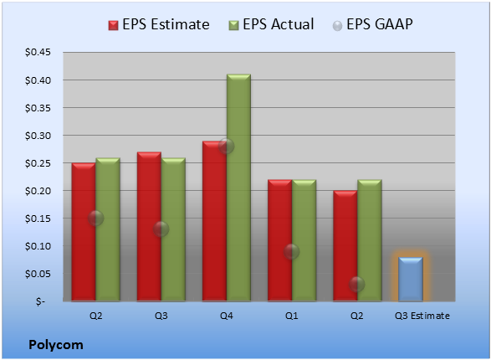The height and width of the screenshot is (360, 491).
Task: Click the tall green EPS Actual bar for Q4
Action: point(238,188)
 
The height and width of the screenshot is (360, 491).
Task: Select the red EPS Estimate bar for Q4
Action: point(214,221)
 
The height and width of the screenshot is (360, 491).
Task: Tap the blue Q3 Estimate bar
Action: point(411,279)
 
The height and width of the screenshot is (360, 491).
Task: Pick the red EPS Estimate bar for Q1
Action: point(279,240)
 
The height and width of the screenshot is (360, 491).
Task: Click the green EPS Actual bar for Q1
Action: point(304,240)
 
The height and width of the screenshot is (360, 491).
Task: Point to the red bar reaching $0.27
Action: point(149,227)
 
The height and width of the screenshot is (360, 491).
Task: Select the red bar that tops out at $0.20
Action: point(345,246)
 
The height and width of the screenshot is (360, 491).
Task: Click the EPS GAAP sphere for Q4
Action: point(226,146)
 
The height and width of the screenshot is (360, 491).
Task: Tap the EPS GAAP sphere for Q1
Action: point(292,252)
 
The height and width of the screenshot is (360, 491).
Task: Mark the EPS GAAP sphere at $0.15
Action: point(95,218)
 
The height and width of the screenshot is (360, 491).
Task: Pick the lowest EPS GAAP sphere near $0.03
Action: point(356,285)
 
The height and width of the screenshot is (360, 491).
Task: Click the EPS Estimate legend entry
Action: point(159,24)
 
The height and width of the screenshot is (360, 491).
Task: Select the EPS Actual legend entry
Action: point(271,24)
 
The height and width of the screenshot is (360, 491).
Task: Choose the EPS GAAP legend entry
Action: point(372,24)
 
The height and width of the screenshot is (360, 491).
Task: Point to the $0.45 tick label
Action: point(38,52)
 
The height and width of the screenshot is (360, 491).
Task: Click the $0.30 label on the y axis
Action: point(38,136)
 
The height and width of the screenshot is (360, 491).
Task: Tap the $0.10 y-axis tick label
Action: point(38,246)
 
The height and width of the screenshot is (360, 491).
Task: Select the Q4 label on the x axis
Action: point(227,316)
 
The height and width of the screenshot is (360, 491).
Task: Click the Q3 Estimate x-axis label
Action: point(422,316)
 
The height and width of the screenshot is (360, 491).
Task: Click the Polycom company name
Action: point(56,345)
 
